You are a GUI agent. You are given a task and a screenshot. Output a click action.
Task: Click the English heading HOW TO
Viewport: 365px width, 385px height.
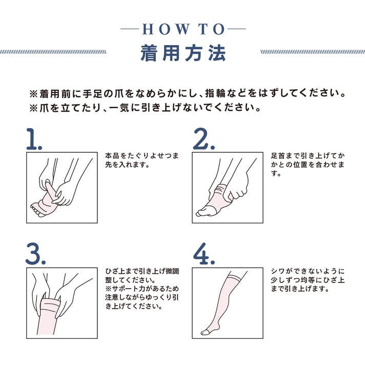(184, 29)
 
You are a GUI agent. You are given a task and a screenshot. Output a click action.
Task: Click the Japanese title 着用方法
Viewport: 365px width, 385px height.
(183, 53)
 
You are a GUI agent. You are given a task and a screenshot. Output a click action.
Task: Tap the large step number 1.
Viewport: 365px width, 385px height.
(34, 139)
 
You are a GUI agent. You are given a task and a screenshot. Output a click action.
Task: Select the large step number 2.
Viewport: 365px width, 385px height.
(204, 139)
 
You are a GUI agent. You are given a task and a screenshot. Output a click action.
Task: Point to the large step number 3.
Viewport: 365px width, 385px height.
(35, 254)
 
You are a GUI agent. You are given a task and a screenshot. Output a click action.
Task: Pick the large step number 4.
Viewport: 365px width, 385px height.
(204, 254)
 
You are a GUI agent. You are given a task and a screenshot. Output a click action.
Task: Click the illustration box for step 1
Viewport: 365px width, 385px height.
(62, 188)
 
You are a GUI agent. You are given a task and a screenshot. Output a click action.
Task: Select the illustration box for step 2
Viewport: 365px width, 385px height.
(228, 188)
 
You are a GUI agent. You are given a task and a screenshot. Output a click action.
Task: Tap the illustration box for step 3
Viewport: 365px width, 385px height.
(62, 303)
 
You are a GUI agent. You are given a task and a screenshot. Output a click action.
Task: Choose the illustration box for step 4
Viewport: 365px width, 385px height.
(228, 303)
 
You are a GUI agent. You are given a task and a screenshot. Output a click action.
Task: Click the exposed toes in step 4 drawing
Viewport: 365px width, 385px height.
(205, 332)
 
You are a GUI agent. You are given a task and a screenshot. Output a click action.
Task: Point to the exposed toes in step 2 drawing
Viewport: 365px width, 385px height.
(202, 212)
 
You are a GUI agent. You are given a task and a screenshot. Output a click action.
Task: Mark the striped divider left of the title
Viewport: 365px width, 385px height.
(53, 52)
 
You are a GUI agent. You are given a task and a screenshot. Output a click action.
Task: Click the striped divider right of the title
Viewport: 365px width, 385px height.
(313, 52)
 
